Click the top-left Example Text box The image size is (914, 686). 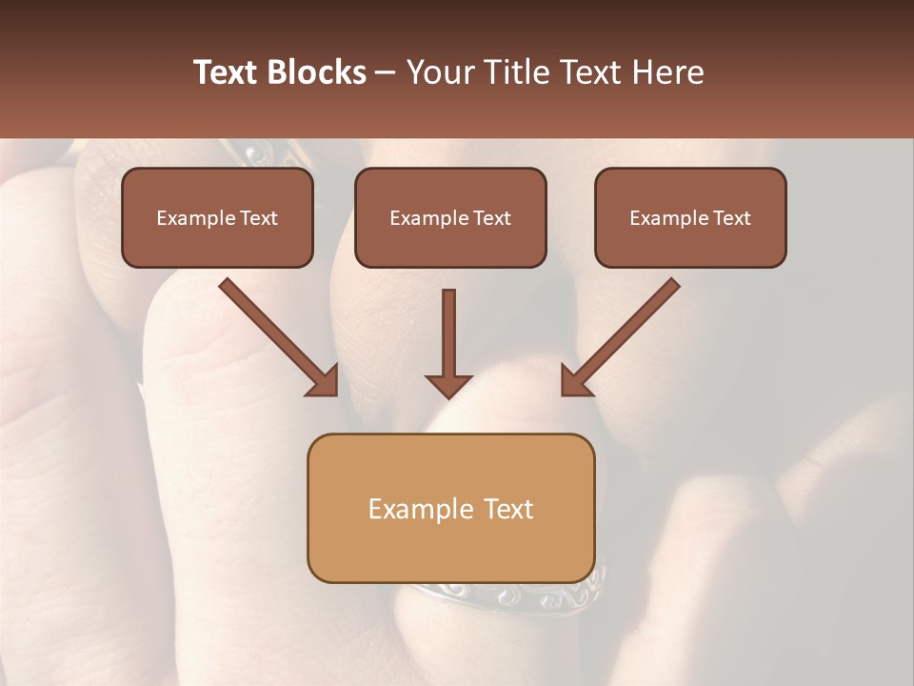[217, 217]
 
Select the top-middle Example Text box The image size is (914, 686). [450, 217]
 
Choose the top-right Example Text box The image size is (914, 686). [690, 217]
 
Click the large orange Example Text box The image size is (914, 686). [450, 508]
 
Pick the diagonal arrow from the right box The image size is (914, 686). [621, 336]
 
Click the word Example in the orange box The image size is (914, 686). [421, 509]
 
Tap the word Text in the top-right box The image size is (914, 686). [731, 217]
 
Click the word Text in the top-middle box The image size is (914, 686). [491, 217]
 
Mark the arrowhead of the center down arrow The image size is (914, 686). [448, 385]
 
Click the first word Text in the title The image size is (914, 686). [226, 72]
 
